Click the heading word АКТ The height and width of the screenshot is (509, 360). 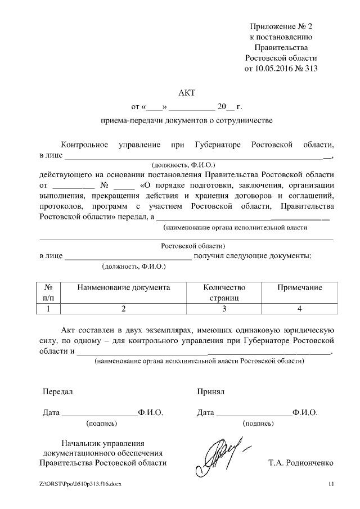(x=186, y=92)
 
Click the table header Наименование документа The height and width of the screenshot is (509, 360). (x=124, y=287)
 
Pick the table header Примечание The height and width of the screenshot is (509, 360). (x=300, y=287)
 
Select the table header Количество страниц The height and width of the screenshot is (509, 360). (x=224, y=292)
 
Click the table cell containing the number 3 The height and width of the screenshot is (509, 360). (x=224, y=308)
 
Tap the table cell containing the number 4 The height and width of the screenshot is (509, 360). (x=300, y=308)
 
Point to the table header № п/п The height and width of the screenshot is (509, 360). (x=48, y=292)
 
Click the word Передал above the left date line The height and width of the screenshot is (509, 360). (x=58, y=391)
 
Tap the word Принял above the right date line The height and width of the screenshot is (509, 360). (x=211, y=391)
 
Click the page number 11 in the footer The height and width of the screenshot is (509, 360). (x=331, y=484)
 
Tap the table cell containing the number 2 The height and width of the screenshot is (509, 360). (x=124, y=308)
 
